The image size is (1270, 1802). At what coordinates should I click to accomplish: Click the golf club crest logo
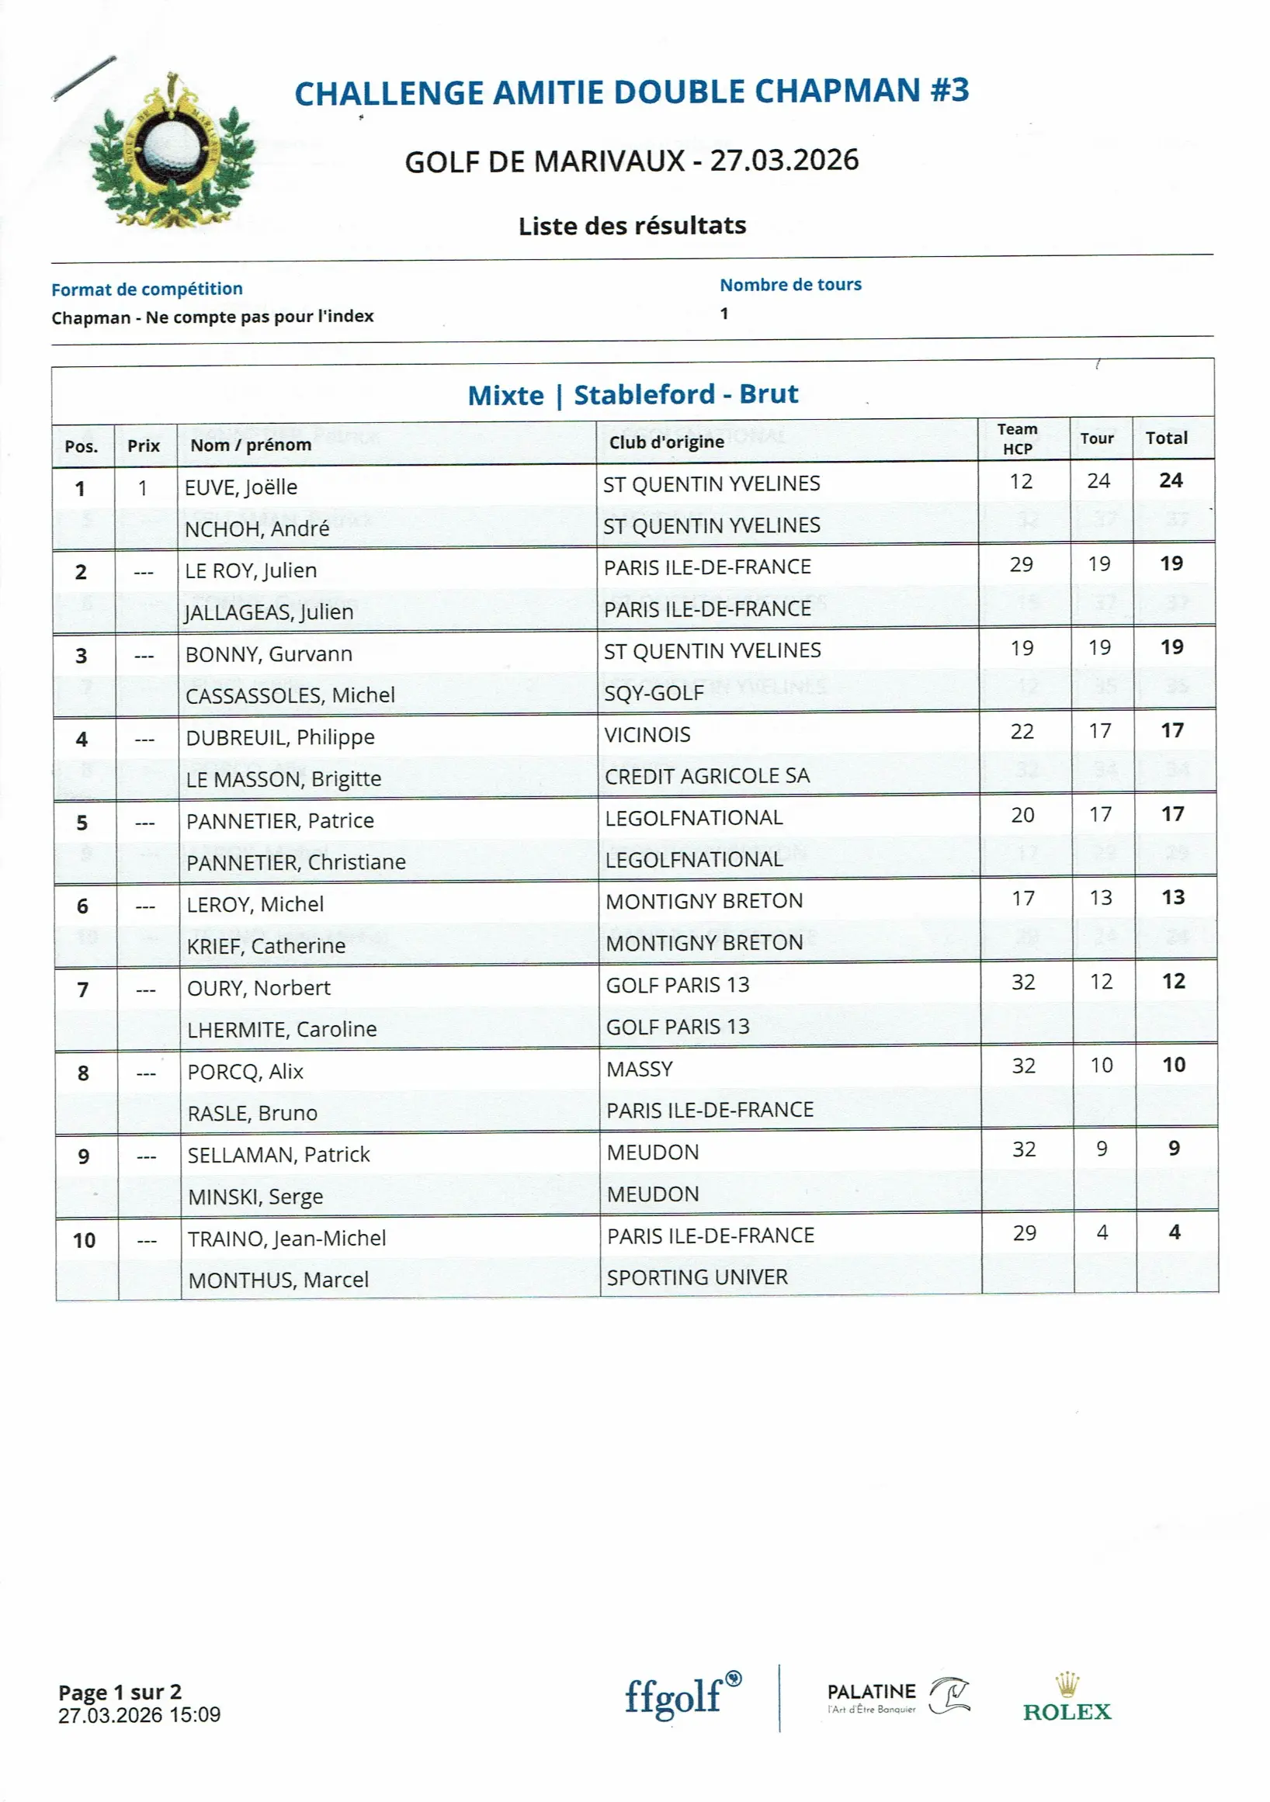(x=172, y=151)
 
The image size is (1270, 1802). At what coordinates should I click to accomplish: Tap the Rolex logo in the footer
(x=1067, y=1701)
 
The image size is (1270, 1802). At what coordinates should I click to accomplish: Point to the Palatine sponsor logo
(x=897, y=1696)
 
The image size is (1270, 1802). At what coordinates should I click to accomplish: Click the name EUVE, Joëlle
(x=241, y=487)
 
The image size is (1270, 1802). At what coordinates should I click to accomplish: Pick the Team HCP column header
(x=1017, y=438)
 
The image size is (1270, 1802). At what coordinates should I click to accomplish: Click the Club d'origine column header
(x=666, y=442)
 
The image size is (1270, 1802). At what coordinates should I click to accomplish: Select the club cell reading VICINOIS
(x=647, y=735)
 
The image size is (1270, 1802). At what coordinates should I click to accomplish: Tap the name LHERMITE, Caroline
(x=282, y=1029)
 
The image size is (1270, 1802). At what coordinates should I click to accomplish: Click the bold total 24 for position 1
(x=1171, y=480)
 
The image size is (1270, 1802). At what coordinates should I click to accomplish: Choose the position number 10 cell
(x=84, y=1240)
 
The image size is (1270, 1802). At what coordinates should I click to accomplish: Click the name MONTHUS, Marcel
(x=279, y=1279)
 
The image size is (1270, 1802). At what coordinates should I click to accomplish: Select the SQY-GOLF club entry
(x=654, y=693)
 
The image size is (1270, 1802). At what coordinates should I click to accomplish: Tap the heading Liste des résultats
(x=632, y=226)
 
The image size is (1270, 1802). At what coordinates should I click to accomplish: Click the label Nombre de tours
(x=790, y=285)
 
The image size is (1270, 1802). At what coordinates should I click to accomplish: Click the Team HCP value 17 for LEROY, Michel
(x=1022, y=898)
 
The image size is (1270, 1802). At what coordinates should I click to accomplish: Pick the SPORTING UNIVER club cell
(x=697, y=1277)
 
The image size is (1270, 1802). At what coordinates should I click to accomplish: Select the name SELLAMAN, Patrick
(x=279, y=1155)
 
